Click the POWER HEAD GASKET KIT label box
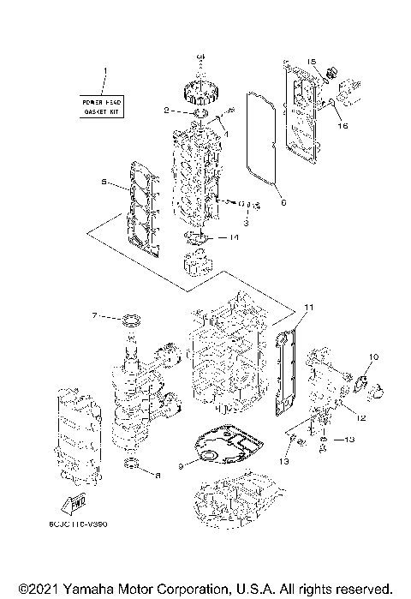click(101, 107)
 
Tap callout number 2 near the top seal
click(166, 111)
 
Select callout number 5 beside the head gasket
click(104, 183)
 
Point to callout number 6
click(283, 203)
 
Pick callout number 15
click(313, 62)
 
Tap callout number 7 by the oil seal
click(95, 315)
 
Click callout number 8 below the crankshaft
click(158, 473)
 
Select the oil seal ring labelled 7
click(131, 321)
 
